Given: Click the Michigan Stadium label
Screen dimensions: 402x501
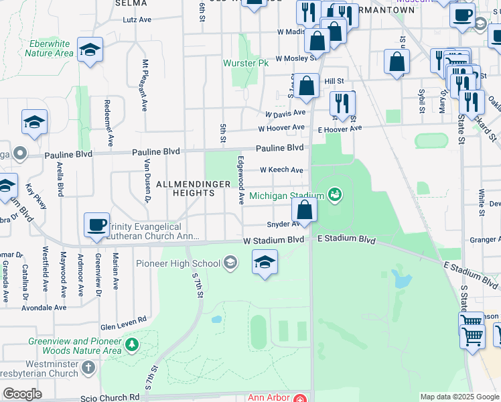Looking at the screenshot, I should click(287, 196).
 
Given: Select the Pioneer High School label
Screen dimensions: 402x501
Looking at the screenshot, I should click(177, 263).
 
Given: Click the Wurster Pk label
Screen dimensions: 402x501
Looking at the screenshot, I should click(246, 63).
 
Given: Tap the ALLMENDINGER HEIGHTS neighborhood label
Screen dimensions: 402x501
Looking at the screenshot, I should click(185, 188).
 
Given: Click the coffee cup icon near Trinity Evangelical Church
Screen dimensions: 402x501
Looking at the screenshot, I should click(96, 224).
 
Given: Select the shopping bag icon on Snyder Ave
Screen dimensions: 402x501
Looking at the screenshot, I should click(304, 210).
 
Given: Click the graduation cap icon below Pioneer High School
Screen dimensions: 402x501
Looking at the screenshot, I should click(265, 261).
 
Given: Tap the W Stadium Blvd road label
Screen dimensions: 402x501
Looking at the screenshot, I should click(273, 240).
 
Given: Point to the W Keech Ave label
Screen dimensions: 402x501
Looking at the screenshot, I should click(281, 170).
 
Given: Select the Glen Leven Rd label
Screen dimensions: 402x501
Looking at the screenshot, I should click(123, 320).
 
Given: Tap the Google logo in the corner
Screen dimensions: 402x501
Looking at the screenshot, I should click(22, 394).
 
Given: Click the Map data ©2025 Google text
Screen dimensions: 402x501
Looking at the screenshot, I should click(459, 397).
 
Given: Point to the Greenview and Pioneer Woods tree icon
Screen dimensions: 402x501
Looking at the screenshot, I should click(132, 344).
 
